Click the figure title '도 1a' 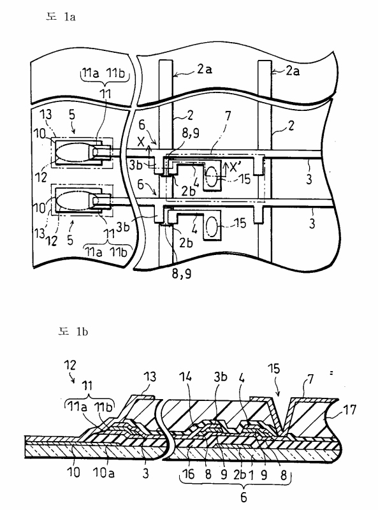(61, 17)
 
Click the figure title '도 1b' (73, 331)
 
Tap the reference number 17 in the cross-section (350, 410)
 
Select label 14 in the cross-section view (185, 377)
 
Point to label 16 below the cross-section (188, 474)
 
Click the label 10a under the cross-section (103, 472)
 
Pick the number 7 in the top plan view (228, 115)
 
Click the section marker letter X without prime (141, 142)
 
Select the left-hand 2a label (204, 69)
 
